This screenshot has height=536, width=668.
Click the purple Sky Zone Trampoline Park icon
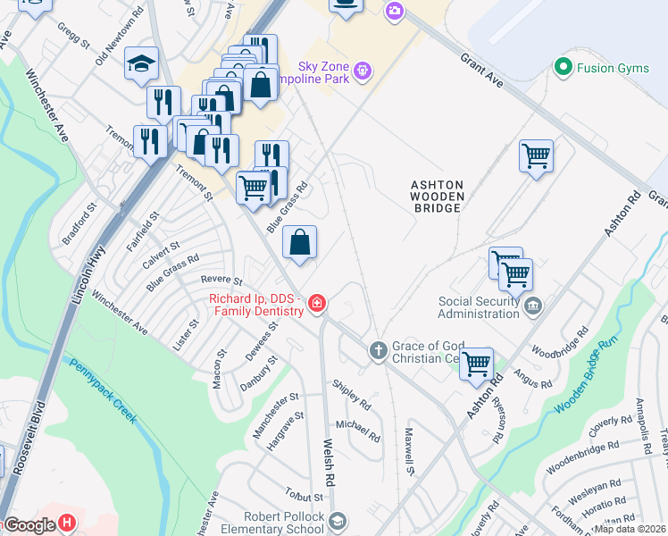(x=362, y=70)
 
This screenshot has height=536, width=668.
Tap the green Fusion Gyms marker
(x=563, y=67)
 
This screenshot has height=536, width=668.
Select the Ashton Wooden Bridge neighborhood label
(x=436, y=196)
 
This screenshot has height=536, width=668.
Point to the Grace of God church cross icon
(x=378, y=350)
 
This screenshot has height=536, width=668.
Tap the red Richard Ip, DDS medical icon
(x=316, y=306)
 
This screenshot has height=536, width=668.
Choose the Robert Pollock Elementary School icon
(x=338, y=521)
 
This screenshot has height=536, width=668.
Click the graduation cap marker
(x=141, y=64)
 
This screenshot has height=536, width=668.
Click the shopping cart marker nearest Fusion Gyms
(x=536, y=156)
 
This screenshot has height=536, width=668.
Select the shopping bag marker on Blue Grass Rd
(x=300, y=242)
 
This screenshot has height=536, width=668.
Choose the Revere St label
(x=221, y=281)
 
